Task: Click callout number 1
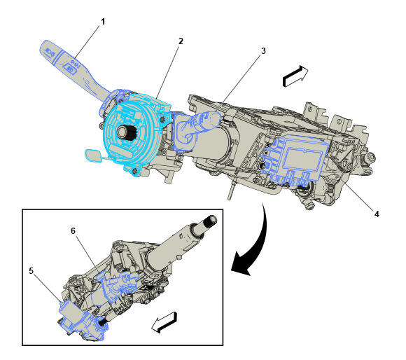point(103,22)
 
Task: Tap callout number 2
point(181,41)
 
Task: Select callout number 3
point(263,50)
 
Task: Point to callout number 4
point(377,214)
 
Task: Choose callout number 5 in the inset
point(31,271)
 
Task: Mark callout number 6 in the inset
point(73,230)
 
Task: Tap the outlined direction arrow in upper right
point(295,76)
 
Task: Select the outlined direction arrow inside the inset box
point(164,322)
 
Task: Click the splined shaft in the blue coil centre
point(125,132)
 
